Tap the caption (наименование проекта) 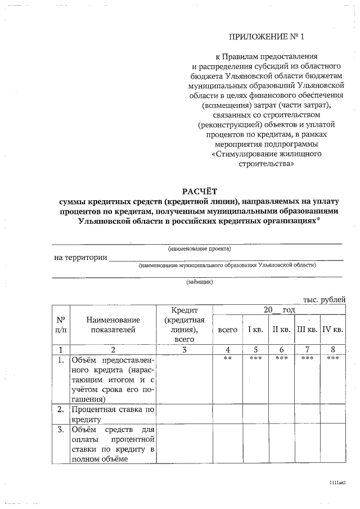click(200, 249)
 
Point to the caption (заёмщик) click(200, 282)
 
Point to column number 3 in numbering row click(184, 349)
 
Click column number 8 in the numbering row click(332, 349)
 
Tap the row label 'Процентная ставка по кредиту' click(113, 414)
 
